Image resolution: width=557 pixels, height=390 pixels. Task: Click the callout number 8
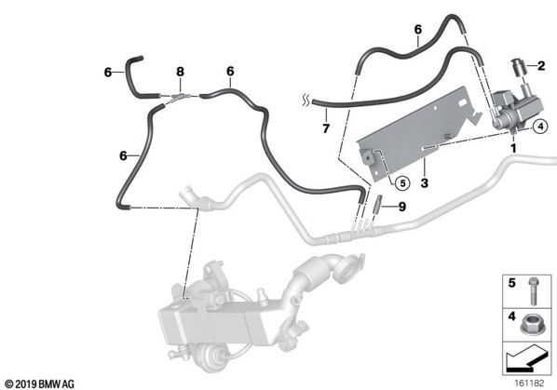coord(180,72)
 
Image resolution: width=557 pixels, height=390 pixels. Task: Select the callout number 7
coord(326,128)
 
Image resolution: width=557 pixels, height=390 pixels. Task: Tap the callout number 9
coord(401,207)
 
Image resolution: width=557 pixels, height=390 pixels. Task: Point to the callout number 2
coord(541,66)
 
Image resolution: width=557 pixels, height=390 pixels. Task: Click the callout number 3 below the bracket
coord(424,183)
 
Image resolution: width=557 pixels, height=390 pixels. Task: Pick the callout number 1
coord(513,148)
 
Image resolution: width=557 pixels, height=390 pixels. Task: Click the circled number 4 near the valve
coord(540,126)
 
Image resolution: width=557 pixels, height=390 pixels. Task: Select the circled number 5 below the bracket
coord(402,183)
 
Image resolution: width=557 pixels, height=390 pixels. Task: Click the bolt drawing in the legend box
coord(533,291)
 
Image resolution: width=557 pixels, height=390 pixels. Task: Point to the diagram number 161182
coord(529,383)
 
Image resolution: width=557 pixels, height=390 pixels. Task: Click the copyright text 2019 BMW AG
coord(40,384)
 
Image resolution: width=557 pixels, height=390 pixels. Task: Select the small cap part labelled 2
coord(517,67)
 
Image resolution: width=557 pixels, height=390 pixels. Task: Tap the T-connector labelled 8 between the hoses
coord(180,97)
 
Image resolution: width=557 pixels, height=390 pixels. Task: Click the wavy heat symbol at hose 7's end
coord(306,101)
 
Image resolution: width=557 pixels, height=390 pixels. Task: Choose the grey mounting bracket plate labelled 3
coord(417,135)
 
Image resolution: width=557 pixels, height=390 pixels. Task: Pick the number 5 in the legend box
coord(511,283)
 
